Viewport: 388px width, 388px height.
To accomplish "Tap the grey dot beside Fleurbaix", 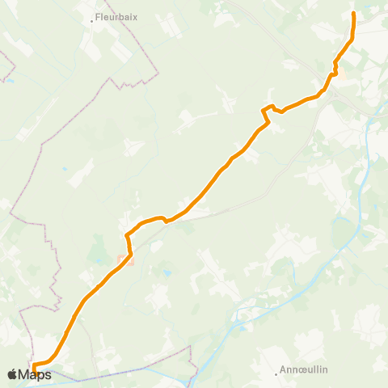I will tap(92, 21).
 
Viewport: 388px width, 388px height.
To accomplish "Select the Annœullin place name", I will tap(303, 370).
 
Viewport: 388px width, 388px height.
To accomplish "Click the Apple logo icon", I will tap(12, 374).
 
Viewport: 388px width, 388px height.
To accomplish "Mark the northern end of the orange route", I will tap(354, 14).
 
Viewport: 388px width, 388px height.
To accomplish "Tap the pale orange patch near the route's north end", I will tap(340, 74).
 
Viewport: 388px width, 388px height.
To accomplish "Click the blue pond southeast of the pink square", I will tap(167, 274).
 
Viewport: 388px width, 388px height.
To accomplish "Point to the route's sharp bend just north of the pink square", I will tap(127, 235).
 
